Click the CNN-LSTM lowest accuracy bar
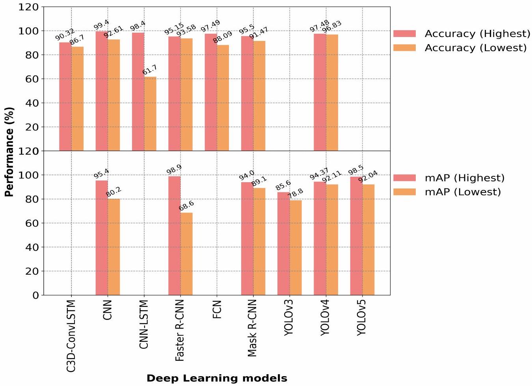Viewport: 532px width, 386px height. coord(150,114)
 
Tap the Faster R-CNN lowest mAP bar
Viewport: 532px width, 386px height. coord(187,254)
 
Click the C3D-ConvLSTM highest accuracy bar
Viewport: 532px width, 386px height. coord(65,96)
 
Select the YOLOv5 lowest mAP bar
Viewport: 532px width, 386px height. coord(368,240)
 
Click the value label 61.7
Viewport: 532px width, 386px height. coord(149,70)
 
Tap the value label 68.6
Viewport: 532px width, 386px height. coord(186,206)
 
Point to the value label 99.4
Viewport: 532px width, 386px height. coord(102,25)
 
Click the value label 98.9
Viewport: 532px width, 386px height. coord(174,169)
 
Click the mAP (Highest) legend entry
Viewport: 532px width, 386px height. coord(450,178)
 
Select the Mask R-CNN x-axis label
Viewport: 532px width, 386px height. coord(252,328)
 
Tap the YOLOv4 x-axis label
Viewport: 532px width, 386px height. coord(325,318)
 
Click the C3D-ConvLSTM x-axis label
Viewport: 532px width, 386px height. coord(71,336)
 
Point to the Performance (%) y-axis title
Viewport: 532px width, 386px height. coord(9,151)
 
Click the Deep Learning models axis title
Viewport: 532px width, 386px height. coord(217,379)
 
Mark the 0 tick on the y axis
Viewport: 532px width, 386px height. coord(36,295)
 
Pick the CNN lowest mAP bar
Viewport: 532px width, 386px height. coord(114,247)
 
